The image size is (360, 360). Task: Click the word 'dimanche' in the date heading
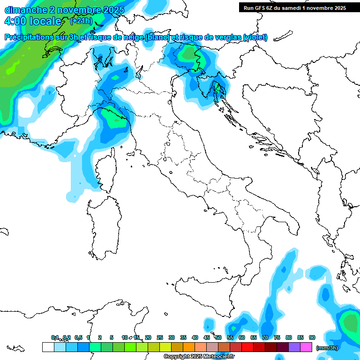[25, 10]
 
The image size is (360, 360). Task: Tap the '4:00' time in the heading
[15, 21]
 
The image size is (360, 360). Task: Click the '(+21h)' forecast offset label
[81, 21]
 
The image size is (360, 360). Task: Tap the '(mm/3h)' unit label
[328, 347]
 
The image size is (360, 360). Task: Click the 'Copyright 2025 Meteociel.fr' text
[199, 357]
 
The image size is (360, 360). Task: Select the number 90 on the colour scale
[312, 337]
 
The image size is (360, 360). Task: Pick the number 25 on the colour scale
[160, 337]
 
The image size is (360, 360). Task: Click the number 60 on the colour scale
[242, 337]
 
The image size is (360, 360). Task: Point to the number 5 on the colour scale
[112, 337]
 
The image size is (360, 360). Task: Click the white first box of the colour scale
[48, 347]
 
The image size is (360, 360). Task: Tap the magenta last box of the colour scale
[306, 347]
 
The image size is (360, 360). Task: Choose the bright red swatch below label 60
[247, 347]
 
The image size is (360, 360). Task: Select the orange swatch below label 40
[189, 347]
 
